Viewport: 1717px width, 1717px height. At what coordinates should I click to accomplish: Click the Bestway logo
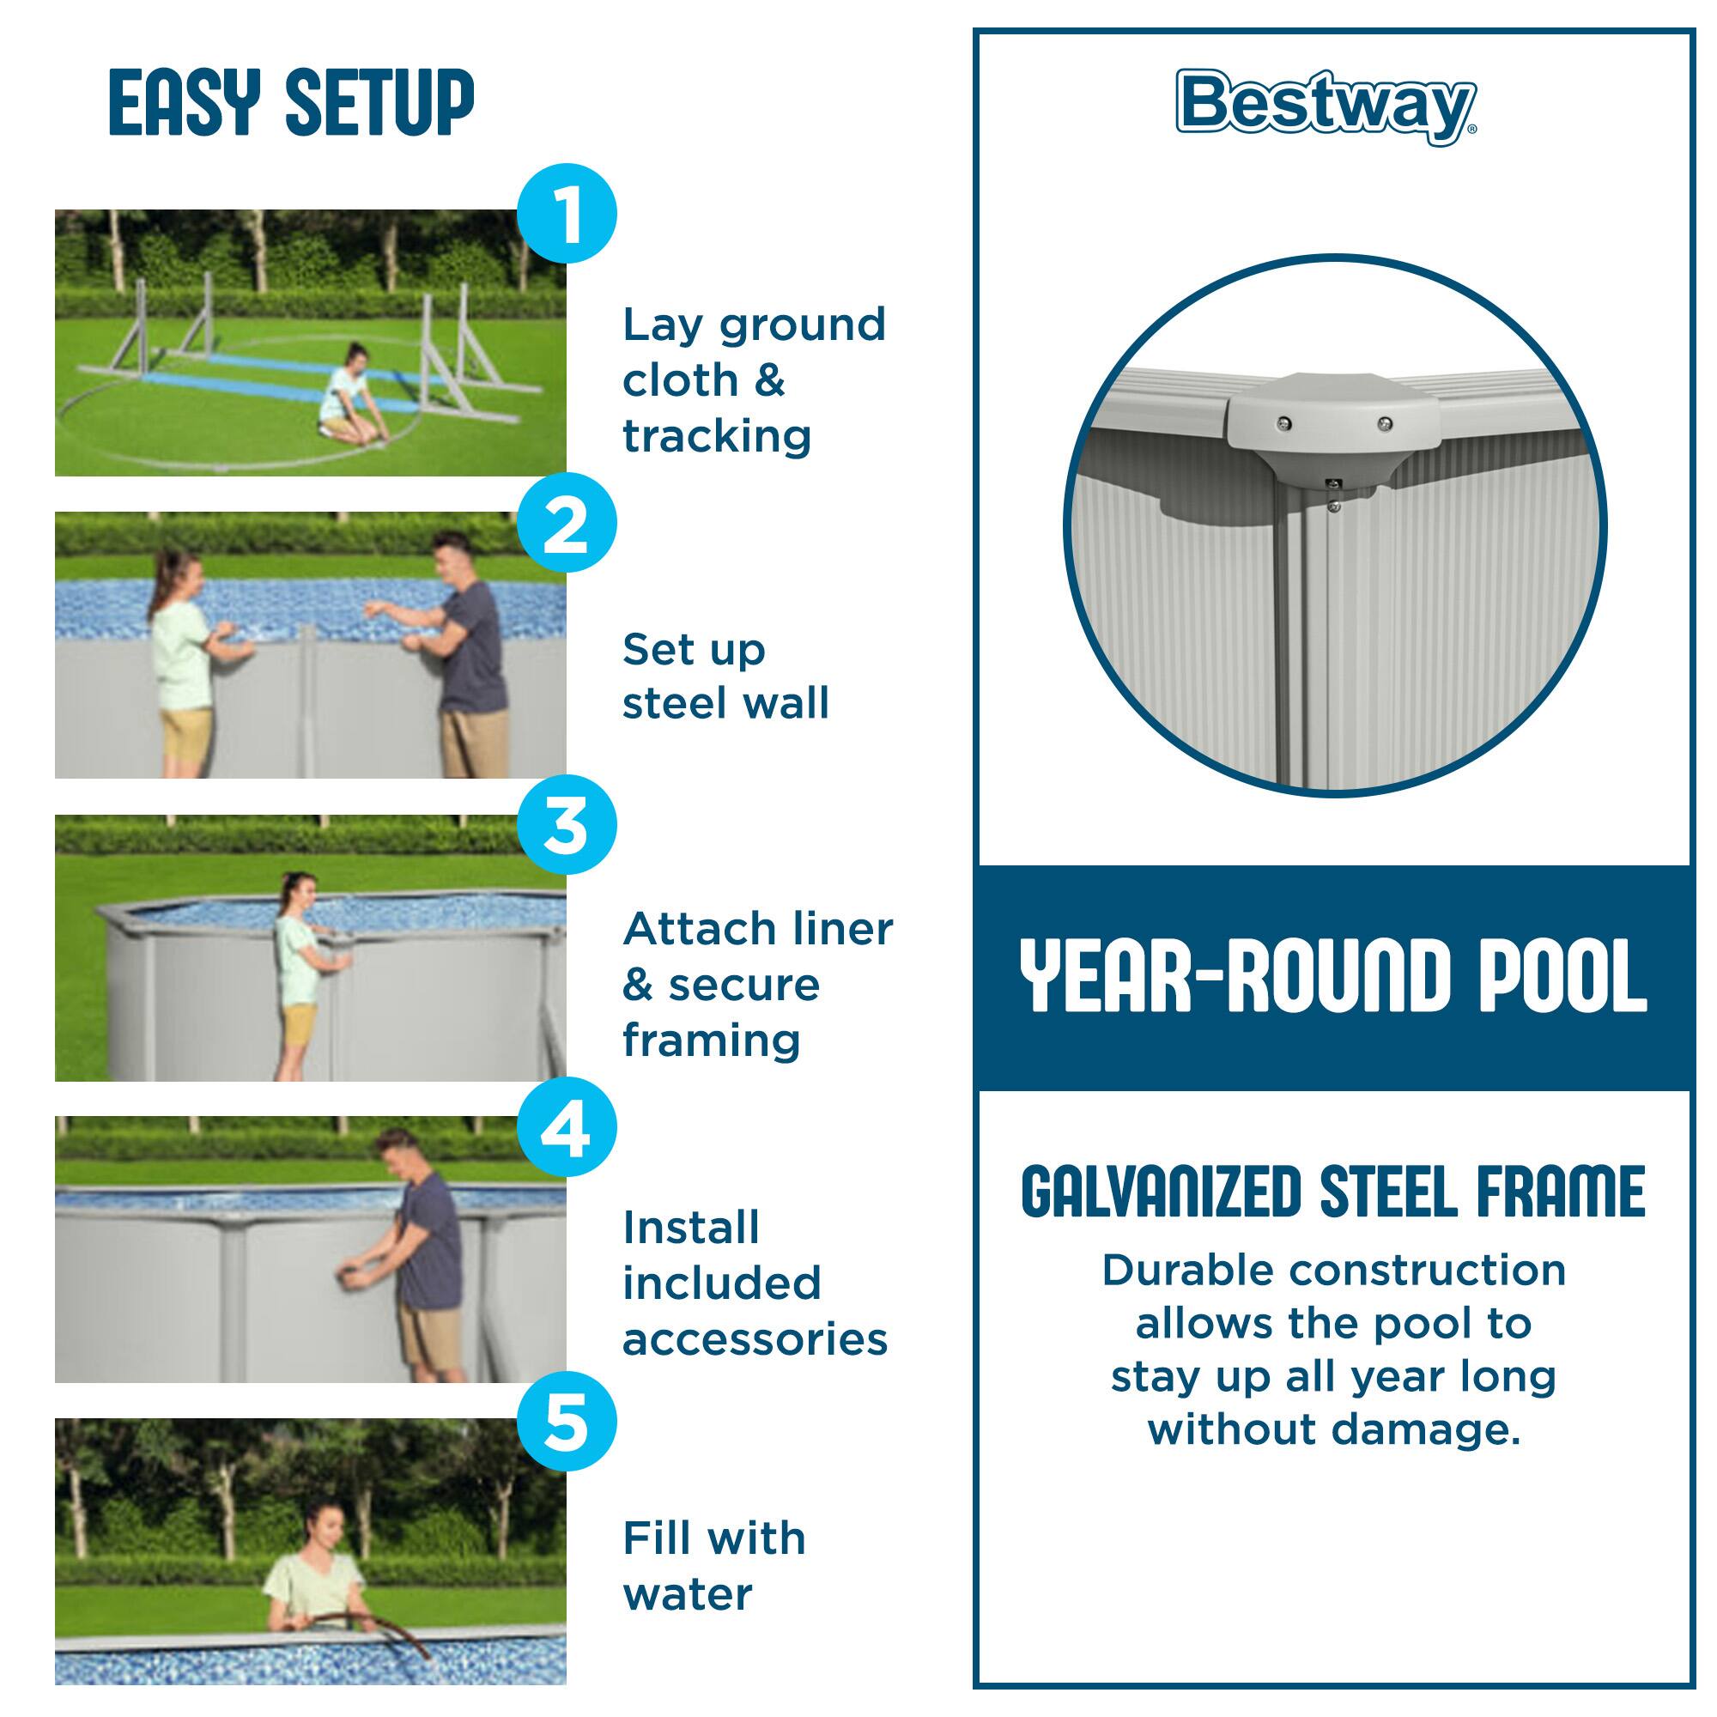[1326, 106]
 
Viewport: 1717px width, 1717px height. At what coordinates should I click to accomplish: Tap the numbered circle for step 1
[566, 213]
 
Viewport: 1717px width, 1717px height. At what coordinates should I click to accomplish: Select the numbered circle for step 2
[566, 524]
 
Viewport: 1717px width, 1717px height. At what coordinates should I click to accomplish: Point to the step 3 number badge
[566, 826]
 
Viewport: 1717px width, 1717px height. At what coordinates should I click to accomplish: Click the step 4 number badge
[566, 1129]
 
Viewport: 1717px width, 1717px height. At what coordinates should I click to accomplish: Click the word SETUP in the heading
[379, 104]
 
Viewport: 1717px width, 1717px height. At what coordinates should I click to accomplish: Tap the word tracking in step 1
[716, 437]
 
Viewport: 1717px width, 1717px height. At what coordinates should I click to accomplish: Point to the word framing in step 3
[711, 1040]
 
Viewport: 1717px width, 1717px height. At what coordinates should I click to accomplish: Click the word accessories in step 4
[755, 1339]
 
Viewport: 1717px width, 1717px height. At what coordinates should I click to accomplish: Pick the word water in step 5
[687, 1594]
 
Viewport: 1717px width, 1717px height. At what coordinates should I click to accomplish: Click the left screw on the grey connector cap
[1283, 423]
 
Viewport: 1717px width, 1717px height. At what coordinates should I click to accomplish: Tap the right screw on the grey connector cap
[1384, 424]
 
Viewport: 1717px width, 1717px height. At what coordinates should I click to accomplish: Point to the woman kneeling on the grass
[344, 391]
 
